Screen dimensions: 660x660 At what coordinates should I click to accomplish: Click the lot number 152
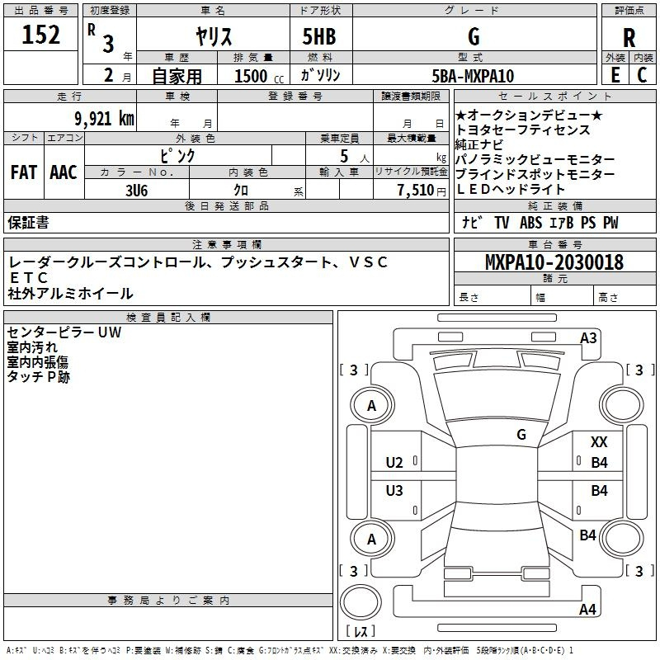pos(41,35)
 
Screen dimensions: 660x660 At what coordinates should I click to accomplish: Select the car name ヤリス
pos(213,36)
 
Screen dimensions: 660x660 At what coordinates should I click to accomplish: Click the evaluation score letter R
pos(629,38)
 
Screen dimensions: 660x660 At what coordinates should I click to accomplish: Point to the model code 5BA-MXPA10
pos(473,76)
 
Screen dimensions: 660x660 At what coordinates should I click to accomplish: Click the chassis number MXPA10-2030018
pos(554,263)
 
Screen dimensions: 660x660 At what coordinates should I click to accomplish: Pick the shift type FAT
pos(24,172)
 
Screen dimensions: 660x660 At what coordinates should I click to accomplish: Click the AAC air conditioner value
pos(64,172)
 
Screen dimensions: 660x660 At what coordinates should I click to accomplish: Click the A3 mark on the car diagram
pos(588,337)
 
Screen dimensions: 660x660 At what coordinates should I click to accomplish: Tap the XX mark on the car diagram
pos(599,443)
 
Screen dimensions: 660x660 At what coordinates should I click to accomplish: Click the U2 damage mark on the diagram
pos(394,462)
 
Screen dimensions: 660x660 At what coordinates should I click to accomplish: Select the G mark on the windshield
pos(521,434)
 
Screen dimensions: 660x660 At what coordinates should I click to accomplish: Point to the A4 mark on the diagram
pos(587,610)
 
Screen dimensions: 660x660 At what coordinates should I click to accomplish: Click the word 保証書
pos(28,222)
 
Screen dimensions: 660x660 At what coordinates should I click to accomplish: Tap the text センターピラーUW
pos(64,332)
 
